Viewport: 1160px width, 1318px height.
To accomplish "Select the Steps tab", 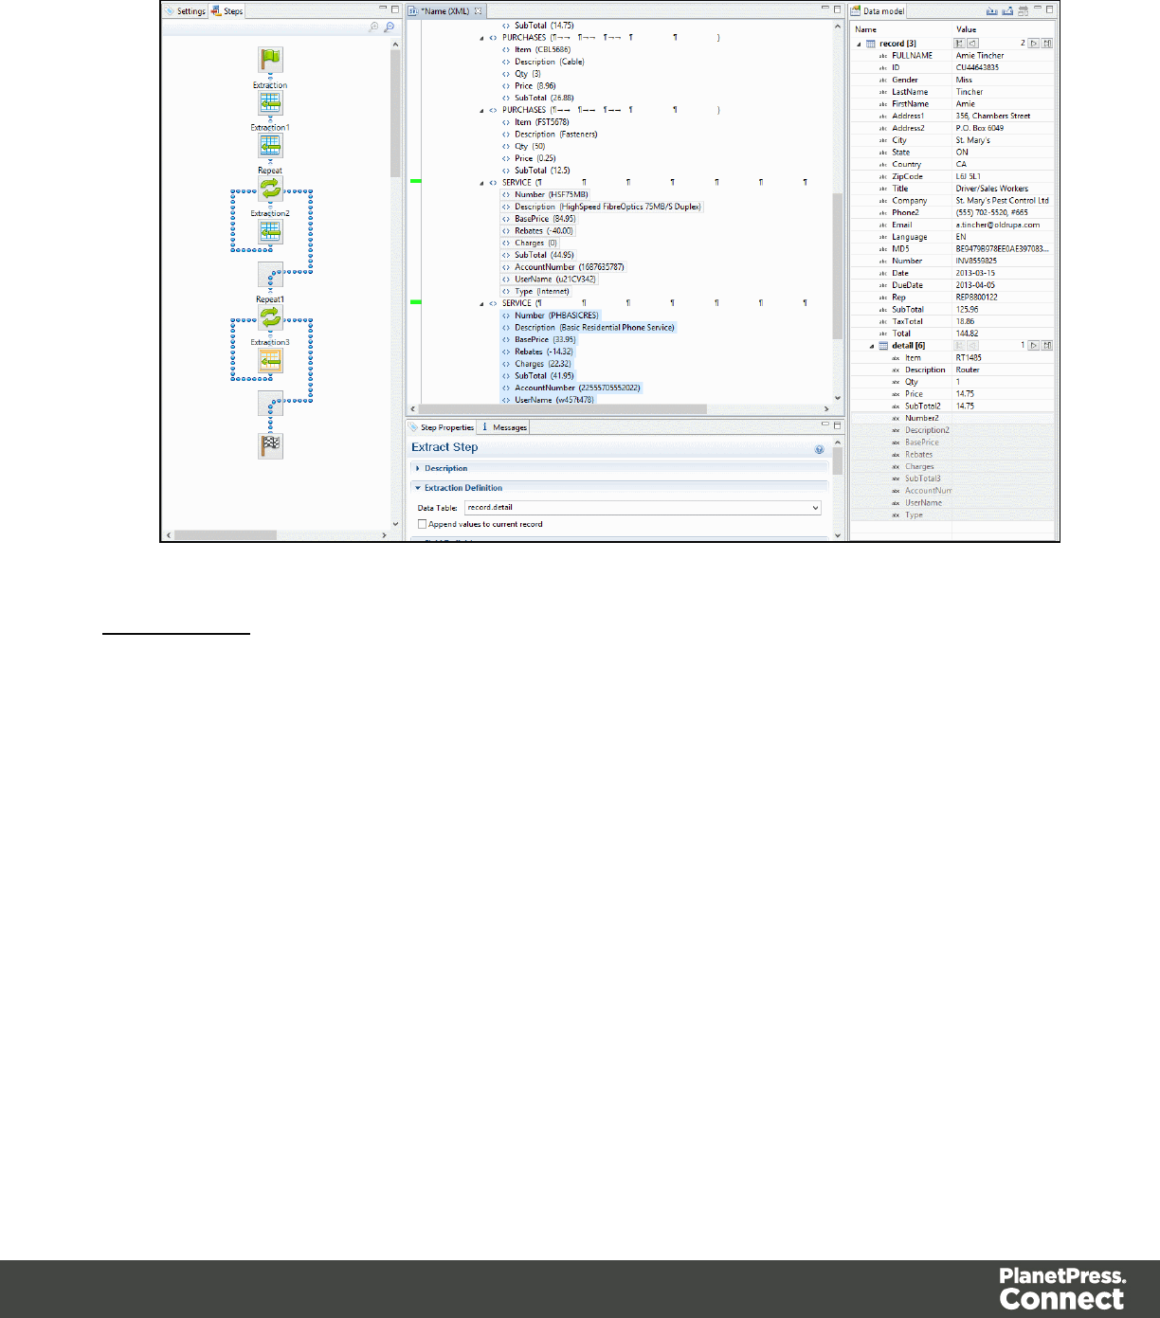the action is (228, 11).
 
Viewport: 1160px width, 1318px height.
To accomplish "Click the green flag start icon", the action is (270, 60).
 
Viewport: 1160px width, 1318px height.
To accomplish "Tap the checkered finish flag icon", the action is (270, 445).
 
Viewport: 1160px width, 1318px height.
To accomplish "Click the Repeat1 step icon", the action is (270, 317).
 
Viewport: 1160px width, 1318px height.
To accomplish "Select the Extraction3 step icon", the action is (270, 360).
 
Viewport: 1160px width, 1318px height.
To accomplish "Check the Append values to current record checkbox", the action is (423, 524).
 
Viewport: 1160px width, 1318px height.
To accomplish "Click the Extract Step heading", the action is (444, 447).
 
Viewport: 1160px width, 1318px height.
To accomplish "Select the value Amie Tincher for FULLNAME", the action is (980, 56).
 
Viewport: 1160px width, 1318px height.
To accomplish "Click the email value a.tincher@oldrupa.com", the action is (997, 226).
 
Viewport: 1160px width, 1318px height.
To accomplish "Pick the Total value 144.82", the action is (967, 334).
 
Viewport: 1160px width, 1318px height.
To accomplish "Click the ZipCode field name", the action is (907, 177).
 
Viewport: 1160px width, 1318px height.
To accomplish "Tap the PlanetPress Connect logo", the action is (1062, 1288).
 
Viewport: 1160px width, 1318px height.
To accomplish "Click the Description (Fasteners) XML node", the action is (555, 135).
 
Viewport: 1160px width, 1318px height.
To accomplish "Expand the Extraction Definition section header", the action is (463, 488).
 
